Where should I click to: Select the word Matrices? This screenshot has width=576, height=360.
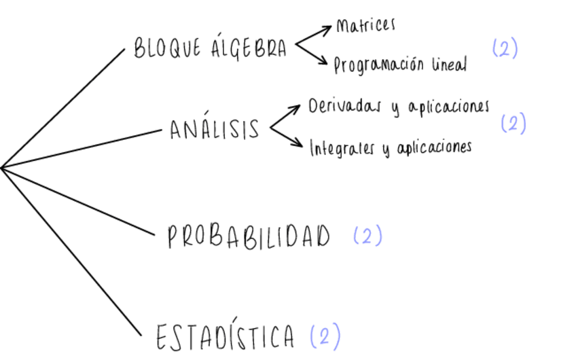(365, 26)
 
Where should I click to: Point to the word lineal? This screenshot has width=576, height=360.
(449, 65)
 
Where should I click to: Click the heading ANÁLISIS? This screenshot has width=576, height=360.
(215, 128)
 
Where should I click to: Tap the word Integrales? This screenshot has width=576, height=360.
(342, 148)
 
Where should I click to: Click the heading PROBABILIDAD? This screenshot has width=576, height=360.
(249, 237)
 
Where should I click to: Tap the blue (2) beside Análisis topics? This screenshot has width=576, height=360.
(513, 124)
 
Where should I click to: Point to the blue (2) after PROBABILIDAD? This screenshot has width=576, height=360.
(367, 236)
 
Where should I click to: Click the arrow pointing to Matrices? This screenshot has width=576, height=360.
(314, 37)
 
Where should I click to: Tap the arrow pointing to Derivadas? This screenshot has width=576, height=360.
(286, 115)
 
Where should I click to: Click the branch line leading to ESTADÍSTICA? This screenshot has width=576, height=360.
(71, 251)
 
